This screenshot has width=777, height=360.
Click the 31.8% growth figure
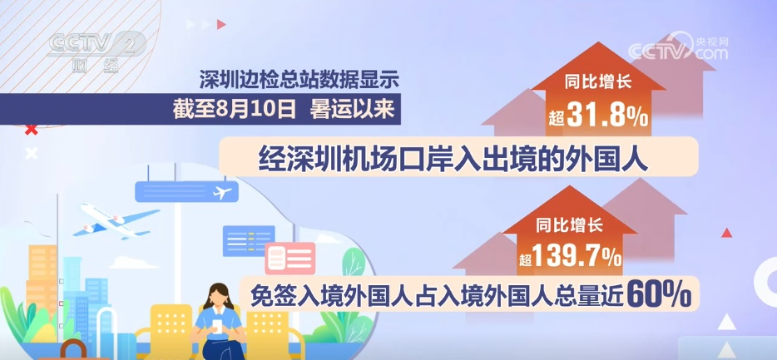(x=607, y=118)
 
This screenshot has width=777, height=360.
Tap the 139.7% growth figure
(x=577, y=257)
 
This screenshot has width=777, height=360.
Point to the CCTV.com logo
(x=678, y=48)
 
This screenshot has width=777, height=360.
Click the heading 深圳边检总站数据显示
(x=299, y=79)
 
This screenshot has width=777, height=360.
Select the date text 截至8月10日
(x=234, y=110)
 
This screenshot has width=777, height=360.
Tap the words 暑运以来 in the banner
(x=353, y=110)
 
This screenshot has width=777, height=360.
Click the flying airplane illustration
(x=118, y=219)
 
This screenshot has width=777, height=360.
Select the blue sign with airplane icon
(x=186, y=191)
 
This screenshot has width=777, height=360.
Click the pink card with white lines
(x=290, y=258)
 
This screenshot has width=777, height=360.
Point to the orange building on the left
(x=42, y=278)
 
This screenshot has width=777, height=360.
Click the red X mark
(x=32, y=130)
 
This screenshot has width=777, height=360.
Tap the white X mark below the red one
(x=32, y=154)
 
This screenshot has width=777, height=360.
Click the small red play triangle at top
(x=221, y=24)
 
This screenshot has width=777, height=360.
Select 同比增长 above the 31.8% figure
(x=598, y=81)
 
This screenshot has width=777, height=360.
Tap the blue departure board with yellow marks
(x=249, y=240)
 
